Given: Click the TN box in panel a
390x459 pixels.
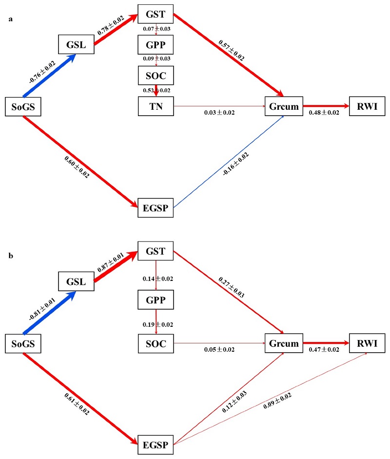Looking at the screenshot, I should pos(156,107).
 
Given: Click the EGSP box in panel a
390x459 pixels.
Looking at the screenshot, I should pos(156,208).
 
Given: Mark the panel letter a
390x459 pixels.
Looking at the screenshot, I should pos(11,20).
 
